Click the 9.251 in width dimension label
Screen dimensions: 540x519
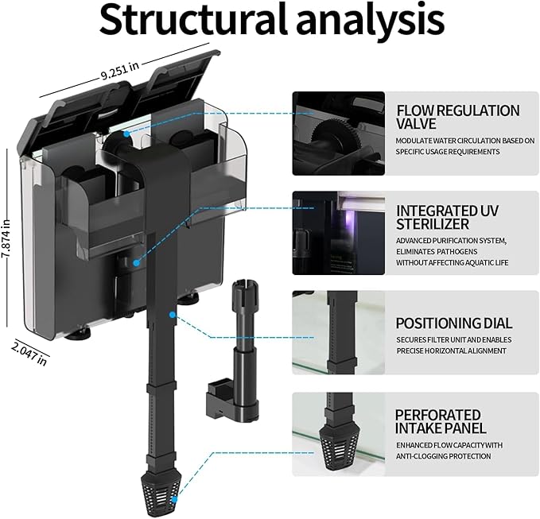click(x=120, y=70)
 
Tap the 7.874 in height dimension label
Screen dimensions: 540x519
click(x=6, y=238)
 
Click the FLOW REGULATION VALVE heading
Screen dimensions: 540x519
click(x=458, y=117)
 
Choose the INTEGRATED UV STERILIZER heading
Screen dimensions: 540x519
click(x=447, y=217)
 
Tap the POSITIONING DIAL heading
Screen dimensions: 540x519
click(x=454, y=323)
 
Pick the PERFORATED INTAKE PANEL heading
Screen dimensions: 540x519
click(x=441, y=421)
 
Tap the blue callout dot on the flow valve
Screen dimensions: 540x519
click(x=127, y=134)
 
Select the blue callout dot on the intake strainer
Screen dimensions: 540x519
click(x=174, y=499)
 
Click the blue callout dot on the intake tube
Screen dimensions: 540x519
click(x=173, y=314)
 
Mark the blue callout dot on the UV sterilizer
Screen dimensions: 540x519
click(x=136, y=263)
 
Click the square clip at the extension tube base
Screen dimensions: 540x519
click(x=221, y=397)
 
